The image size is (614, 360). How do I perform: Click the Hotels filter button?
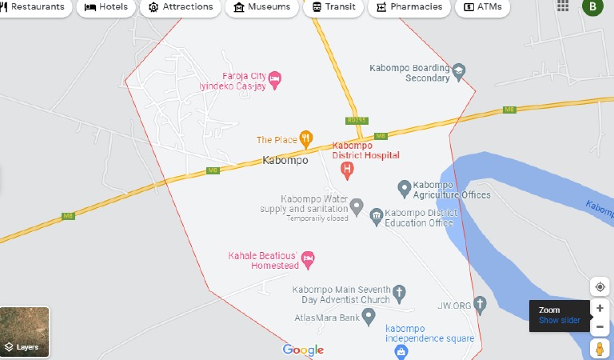pos(106,7)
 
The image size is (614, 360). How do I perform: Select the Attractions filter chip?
pos(181,7)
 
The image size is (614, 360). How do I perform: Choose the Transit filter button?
pos(333,7)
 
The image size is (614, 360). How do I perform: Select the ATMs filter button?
pos(482,7)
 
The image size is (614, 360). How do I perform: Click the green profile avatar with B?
pos(592,7)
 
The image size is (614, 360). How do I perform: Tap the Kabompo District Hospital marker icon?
pos(347,170)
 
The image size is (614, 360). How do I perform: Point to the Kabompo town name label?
pos(285,160)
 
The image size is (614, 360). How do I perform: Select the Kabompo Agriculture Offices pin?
pos(405,189)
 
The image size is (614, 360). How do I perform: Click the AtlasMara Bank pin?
pos(369,318)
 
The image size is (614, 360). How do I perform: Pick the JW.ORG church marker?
pos(480,304)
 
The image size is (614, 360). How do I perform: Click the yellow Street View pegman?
pos(600,349)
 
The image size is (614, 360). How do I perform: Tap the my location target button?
pos(600,287)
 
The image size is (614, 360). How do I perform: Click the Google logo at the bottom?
pos(303,350)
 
